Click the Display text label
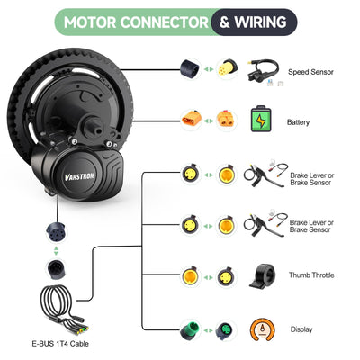click(x=301, y=329)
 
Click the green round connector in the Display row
click(x=192, y=329)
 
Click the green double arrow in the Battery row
click(x=209, y=119)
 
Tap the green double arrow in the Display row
click(x=209, y=329)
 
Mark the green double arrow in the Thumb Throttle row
click(x=209, y=275)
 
